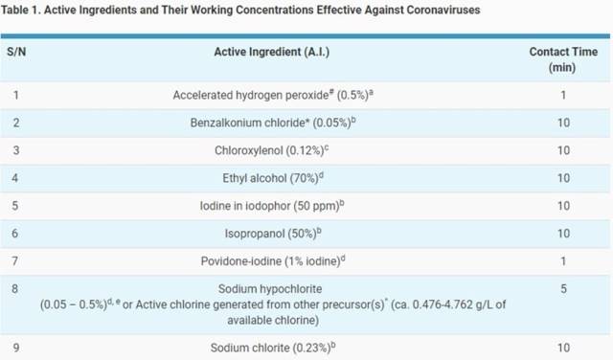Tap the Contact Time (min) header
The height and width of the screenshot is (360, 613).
[563, 60]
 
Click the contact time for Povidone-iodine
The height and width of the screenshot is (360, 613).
[563, 261]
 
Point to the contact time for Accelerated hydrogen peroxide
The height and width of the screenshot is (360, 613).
[563, 96]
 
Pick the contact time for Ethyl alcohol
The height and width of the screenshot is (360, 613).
[563, 178]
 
